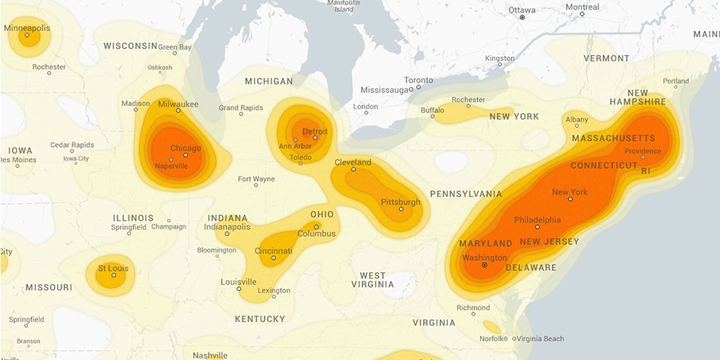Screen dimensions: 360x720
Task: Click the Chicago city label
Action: coord(186,148)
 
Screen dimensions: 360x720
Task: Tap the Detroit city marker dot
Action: coord(315,138)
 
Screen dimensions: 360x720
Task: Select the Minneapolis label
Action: coord(27,28)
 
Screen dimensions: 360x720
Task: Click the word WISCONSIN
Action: coord(130,46)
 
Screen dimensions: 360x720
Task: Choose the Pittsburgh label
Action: coord(401,202)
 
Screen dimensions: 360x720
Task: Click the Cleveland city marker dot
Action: coord(353,169)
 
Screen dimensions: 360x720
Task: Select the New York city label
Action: coord(570,192)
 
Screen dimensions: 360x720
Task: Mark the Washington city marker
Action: coord(484,265)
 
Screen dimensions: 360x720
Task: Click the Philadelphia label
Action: coord(537,219)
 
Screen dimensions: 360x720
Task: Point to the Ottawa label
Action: coord(522,10)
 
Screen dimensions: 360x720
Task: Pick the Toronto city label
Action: coord(418,80)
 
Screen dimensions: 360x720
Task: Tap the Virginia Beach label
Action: coord(541,339)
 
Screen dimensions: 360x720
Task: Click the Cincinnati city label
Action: coord(274,251)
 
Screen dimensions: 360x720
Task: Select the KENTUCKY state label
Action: coord(260,319)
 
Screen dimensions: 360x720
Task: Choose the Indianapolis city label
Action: coord(227,227)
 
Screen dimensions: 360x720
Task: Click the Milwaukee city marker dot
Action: coord(179,110)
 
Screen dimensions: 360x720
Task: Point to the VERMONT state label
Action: coord(606,58)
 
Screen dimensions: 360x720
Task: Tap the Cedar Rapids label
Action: coord(72,145)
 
